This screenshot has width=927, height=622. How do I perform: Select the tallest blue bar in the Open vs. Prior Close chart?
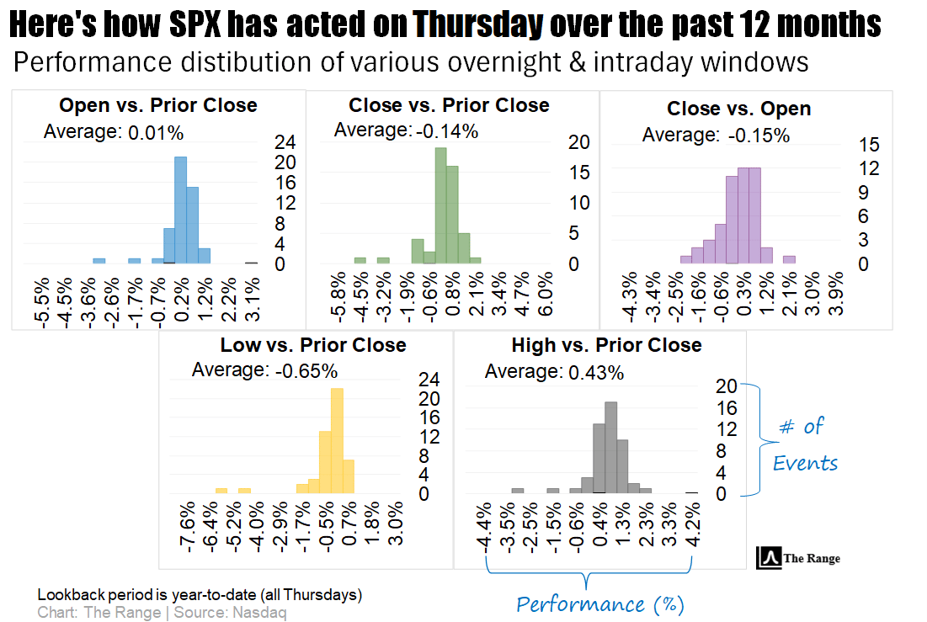coord(180,210)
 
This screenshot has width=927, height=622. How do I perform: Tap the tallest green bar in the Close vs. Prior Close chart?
coord(440,205)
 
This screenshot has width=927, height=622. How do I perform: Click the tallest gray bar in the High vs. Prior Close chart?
coord(611,447)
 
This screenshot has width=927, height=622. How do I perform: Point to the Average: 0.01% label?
coord(113,131)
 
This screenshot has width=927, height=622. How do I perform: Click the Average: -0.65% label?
coord(264,370)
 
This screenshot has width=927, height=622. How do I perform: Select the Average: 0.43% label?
coord(555,371)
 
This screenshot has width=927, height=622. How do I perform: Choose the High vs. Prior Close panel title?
coord(606,345)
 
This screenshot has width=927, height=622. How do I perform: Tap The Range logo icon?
coord(769,557)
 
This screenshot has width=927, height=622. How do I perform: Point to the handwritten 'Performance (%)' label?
coord(600,604)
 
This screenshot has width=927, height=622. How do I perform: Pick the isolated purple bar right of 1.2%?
coord(789,259)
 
